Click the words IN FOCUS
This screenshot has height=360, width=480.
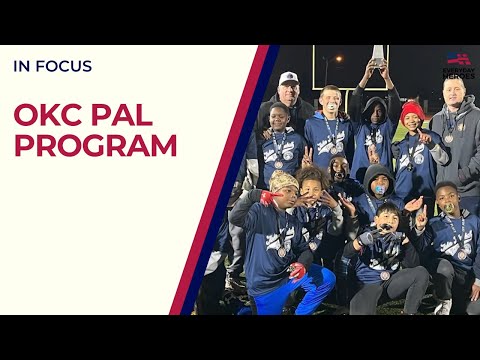(52, 66)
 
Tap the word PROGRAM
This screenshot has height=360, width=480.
(95, 146)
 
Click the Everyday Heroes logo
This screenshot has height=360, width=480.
(458, 66)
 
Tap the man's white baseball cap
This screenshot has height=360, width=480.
(289, 78)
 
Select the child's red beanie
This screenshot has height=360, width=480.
(412, 112)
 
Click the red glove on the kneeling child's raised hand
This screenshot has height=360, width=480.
(267, 198)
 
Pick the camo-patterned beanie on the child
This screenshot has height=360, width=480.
(284, 180)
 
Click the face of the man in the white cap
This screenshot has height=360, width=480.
(289, 92)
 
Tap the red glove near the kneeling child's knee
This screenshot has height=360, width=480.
(297, 271)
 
